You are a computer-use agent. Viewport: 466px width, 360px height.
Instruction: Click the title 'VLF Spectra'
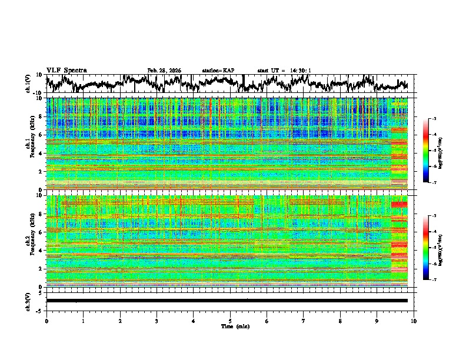[x=66, y=70]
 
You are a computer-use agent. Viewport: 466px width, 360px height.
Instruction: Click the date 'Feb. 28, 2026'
[x=164, y=71]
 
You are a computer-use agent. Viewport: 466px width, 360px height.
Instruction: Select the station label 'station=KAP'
[x=218, y=71]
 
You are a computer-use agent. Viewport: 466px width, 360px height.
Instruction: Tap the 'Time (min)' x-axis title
[x=230, y=326]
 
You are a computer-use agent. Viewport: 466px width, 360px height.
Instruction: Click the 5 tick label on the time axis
[x=230, y=321]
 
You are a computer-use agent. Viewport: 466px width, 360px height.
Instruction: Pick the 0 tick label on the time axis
[x=46, y=321]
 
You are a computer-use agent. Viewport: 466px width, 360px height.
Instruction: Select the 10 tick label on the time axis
[x=414, y=321]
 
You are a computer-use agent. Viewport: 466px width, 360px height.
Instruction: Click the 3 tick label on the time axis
[x=157, y=321]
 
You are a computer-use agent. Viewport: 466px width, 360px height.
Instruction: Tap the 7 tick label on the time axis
[x=304, y=321]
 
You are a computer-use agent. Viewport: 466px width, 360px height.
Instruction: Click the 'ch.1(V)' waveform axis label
[x=28, y=84]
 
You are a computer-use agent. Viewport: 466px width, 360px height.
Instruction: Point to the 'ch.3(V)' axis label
[x=28, y=301]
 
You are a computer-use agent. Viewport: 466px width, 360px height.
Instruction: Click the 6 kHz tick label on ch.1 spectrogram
[x=40, y=135]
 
